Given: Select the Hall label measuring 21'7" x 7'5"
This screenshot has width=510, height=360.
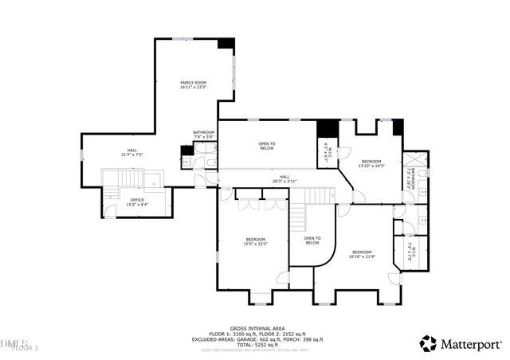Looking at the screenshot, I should point(129,152).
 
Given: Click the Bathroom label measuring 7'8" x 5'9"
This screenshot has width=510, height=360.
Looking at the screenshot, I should point(204,135).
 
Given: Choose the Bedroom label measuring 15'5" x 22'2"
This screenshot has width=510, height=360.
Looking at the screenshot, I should point(255,242).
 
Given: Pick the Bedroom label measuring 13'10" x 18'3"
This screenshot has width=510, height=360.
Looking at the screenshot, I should point(371,163).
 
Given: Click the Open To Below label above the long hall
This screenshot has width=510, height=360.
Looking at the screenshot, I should point(266,147).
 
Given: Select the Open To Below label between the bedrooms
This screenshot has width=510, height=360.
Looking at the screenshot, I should point(312,241).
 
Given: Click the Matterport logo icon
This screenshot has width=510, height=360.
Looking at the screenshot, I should point(428,343).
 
